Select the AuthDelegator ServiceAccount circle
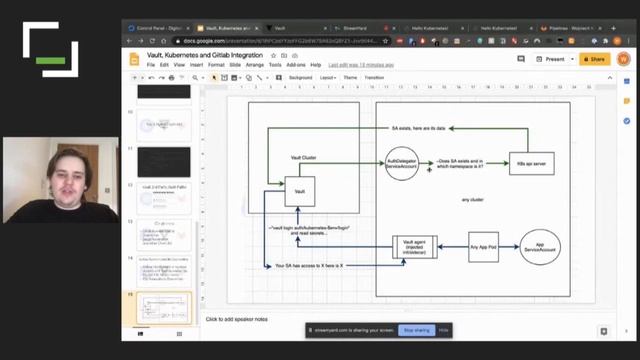(x=401, y=165)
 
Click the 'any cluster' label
(x=472, y=200)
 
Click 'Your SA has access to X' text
(x=309, y=266)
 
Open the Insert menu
(x=195, y=64)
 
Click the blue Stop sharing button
(x=415, y=329)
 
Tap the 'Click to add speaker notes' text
(x=237, y=319)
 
